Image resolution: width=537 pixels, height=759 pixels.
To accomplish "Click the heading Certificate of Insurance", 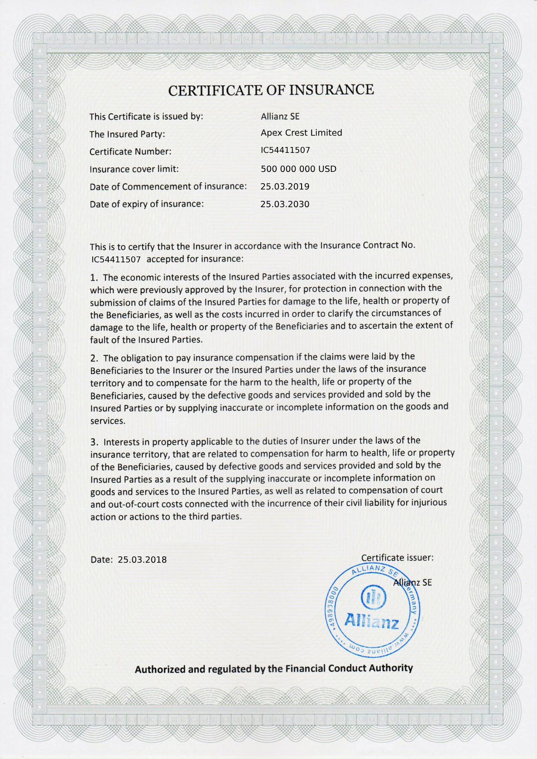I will (271, 90).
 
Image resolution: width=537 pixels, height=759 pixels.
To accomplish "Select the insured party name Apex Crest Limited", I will (301, 133).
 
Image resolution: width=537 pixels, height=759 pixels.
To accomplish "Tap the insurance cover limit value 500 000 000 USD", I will (298, 169).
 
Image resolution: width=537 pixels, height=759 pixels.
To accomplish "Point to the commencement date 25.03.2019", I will (285, 186).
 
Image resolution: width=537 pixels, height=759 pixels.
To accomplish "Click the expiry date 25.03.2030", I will (285, 204).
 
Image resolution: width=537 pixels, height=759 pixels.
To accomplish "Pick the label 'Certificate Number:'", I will (130, 152).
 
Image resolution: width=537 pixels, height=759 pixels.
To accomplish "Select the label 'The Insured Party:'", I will (127, 134).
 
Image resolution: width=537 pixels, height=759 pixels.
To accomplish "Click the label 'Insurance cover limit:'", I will (134, 169).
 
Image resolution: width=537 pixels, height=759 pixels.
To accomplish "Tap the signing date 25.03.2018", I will (142, 560).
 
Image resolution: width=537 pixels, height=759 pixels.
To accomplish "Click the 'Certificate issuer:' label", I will (397, 557).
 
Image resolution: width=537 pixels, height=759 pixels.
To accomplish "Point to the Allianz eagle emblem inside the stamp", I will (373, 598).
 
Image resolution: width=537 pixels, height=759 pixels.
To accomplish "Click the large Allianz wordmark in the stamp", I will (372, 621).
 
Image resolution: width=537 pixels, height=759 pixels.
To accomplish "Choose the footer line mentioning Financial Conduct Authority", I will (273, 668).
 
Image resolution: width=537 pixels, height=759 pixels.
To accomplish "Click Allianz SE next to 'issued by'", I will (280, 116).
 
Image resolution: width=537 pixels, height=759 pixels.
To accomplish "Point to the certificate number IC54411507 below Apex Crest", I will (285, 150).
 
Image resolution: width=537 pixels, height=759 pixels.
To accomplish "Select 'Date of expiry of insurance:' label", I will (147, 204).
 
